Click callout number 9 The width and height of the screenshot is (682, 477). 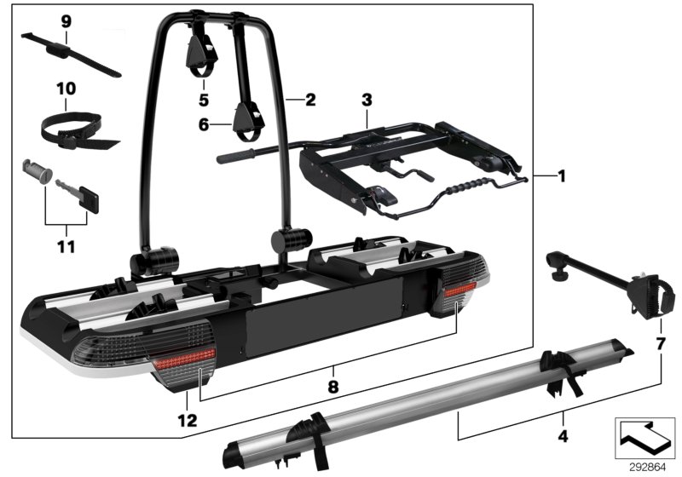click(66, 20)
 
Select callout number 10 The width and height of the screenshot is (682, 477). click(66, 88)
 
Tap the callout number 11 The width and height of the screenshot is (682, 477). click(66, 247)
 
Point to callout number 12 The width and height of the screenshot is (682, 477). click(187, 420)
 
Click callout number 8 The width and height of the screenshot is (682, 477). click(333, 386)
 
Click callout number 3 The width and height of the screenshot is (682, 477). click(367, 100)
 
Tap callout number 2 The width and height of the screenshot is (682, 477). click(309, 100)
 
